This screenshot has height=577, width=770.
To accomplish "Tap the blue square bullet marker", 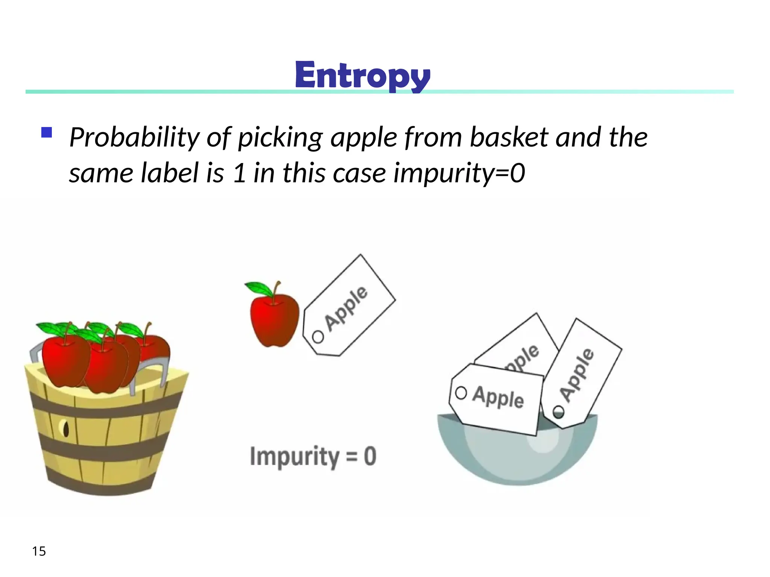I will tap(47, 133).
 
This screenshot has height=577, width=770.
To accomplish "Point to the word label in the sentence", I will tap(170, 173).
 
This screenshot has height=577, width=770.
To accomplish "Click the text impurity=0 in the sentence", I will tap(459, 173).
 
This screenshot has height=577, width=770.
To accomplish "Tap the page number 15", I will tap(39, 551).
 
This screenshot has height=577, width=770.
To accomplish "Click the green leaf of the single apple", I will tap(259, 288).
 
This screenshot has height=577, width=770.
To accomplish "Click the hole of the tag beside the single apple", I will tap(318, 337).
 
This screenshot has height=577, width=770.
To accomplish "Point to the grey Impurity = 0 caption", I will tap(313, 456).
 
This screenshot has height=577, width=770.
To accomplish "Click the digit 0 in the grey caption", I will tap(370, 456).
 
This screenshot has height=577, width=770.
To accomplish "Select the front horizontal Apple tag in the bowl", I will tap(496, 399).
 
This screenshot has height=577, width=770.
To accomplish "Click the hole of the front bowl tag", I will tap(461, 393).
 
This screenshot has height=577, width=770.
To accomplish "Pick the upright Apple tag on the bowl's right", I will tap(581, 374).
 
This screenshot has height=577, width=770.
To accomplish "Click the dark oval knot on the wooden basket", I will tap(66, 428).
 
